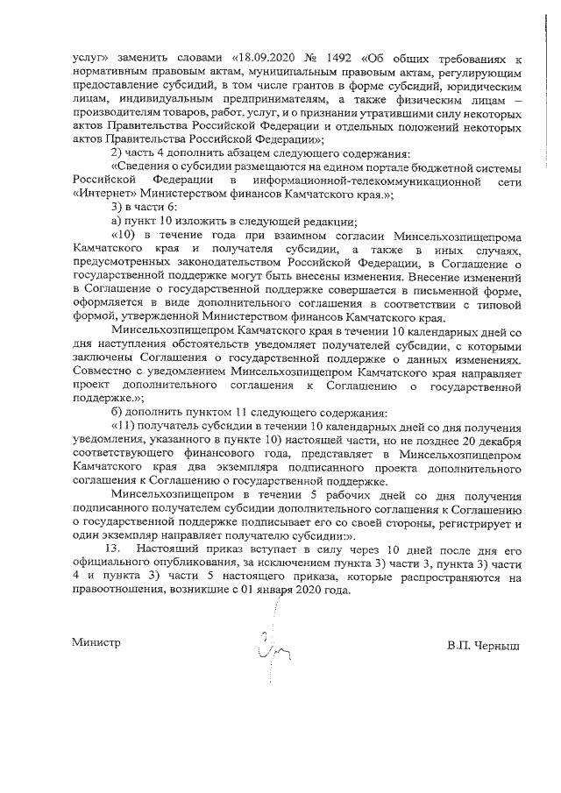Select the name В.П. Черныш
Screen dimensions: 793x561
pyautogui.click(x=483, y=645)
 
